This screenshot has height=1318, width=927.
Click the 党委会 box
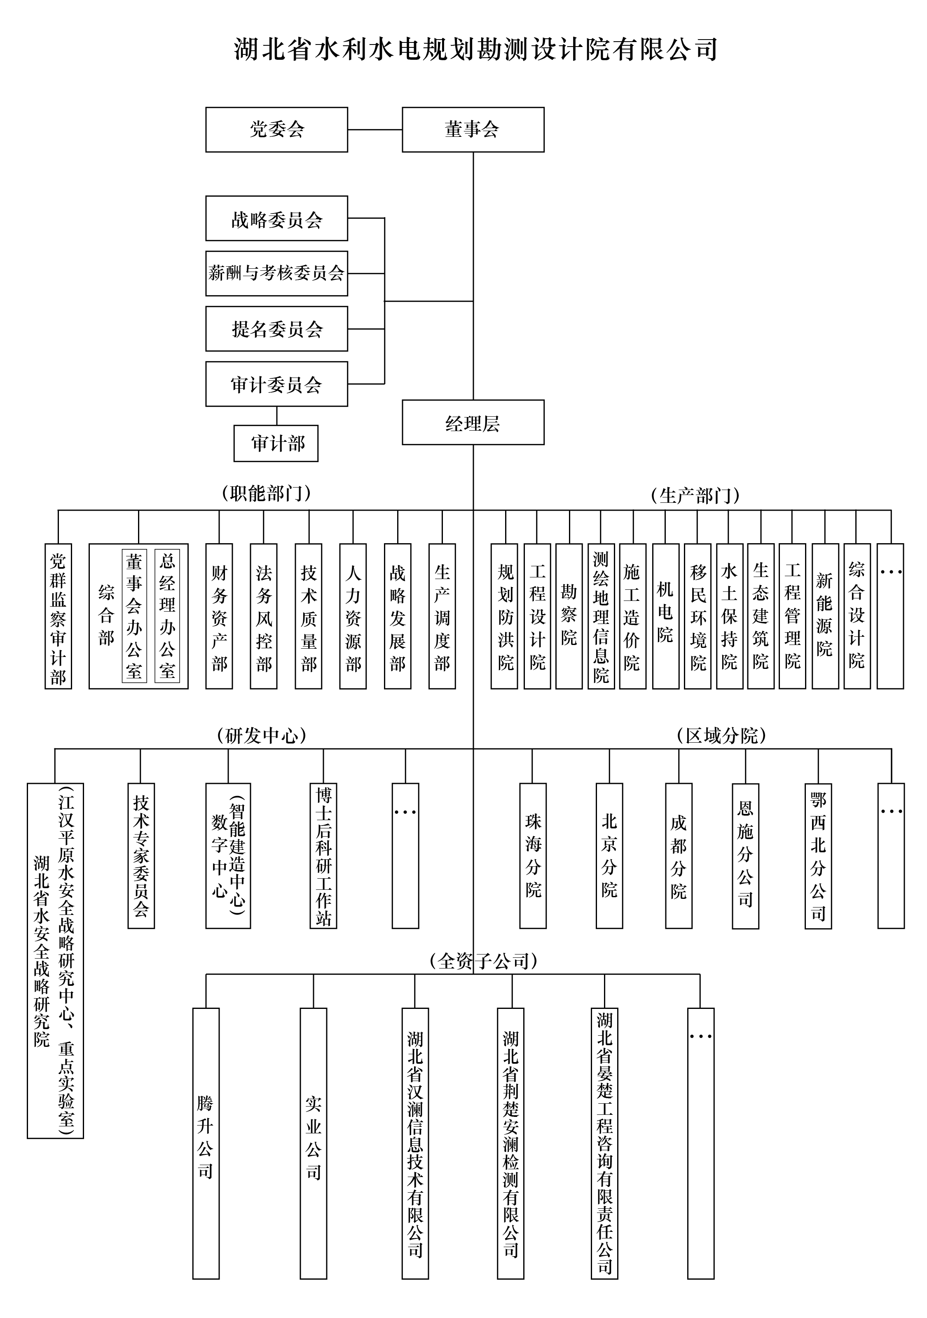tap(277, 130)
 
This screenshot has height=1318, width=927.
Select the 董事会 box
tap(473, 130)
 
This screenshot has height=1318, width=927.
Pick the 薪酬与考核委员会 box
tap(277, 273)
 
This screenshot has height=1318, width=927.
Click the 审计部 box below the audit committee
tap(276, 443)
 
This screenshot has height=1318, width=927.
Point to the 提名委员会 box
tap(277, 329)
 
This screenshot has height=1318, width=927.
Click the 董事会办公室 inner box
tap(134, 616)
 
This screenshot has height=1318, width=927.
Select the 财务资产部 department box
tap(219, 617)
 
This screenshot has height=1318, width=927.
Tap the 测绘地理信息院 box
tap(601, 617)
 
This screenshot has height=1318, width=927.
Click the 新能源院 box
tap(825, 617)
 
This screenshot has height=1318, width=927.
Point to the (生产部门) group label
tap(695, 495)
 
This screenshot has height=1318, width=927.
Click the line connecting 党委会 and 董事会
tap(375, 130)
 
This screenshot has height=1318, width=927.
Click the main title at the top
tap(475, 49)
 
